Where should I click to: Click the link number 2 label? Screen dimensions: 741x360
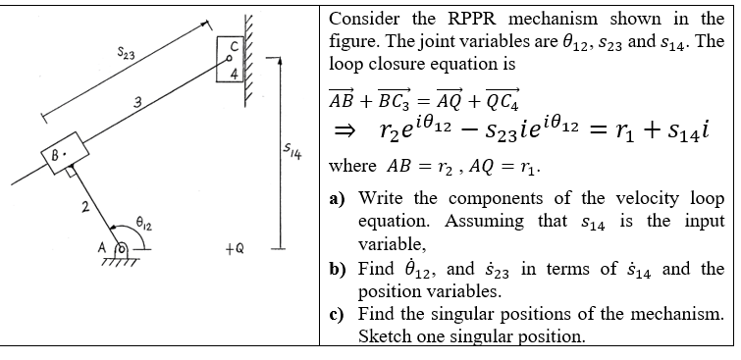[86, 206]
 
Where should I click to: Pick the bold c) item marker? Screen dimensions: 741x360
[337, 315]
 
